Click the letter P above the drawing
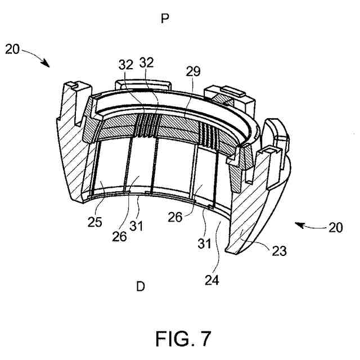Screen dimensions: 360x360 165,19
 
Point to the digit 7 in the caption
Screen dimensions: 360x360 205,339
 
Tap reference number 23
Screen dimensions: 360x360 278,251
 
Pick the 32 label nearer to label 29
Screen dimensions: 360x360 147,63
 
